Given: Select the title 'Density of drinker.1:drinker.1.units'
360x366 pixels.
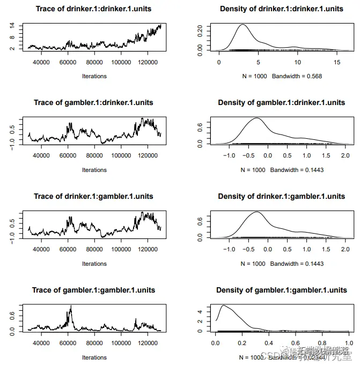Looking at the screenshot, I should click(281, 9).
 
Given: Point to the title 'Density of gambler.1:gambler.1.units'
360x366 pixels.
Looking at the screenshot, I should click(281, 290).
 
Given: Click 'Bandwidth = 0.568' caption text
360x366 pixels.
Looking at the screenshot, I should click(297, 76).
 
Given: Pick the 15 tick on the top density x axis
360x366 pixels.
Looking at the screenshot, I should click(336, 63).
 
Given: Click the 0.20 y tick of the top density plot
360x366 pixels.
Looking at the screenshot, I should click(200, 29).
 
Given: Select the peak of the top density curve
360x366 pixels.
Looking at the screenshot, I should click(243, 25).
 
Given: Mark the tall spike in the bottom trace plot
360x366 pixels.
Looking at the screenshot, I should click(71, 306).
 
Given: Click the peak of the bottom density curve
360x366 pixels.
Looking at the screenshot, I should click(223, 305).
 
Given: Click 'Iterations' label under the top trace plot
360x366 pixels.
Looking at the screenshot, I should click(94, 76).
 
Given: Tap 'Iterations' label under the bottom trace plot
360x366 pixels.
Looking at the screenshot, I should click(94, 357).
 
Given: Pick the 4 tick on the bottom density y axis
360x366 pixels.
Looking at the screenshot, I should click(200, 311).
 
